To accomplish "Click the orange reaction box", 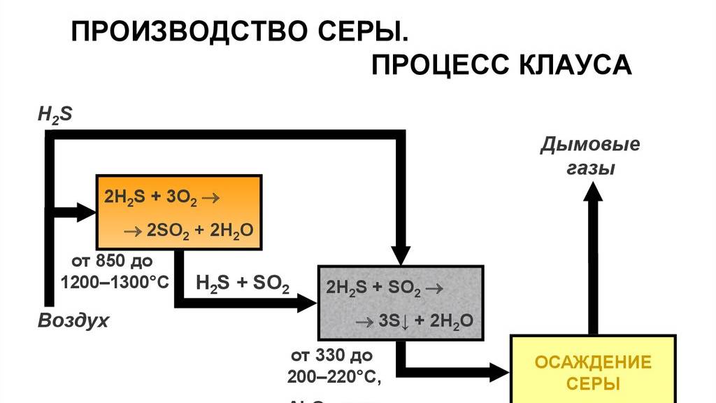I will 178,213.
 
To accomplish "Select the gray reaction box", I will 400,303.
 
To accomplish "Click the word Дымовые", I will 591,146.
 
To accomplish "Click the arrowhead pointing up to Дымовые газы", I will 593,194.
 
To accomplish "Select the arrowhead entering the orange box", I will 85,211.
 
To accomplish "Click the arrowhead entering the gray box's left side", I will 307,303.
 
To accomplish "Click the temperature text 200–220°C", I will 334,376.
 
